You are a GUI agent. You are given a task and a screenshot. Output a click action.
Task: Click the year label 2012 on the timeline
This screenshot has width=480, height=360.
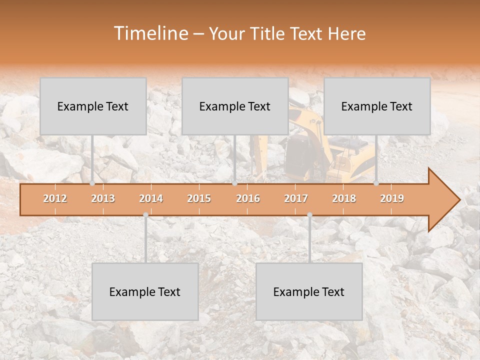[x=55, y=198]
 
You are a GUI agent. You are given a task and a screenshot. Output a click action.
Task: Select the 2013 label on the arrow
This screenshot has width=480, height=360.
[x=103, y=198]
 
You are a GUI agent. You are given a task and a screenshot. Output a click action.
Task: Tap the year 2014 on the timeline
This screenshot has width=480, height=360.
[x=151, y=198]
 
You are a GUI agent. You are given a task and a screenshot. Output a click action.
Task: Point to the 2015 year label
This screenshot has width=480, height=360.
[x=199, y=198]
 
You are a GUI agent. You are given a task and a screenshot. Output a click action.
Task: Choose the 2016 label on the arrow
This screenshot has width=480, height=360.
[x=248, y=198]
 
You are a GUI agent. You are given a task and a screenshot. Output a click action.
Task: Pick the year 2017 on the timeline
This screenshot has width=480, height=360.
[x=296, y=198]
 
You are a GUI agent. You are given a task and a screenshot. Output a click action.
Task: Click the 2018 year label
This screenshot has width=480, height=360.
[x=344, y=198]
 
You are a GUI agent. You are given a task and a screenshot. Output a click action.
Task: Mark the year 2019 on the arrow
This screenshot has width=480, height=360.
[x=392, y=198]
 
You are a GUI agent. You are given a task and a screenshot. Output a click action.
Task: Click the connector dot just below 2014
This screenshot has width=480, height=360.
[x=145, y=214]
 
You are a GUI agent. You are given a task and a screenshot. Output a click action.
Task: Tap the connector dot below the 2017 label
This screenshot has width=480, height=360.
[x=309, y=214]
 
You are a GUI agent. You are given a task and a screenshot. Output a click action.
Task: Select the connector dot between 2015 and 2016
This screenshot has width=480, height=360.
[x=234, y=183]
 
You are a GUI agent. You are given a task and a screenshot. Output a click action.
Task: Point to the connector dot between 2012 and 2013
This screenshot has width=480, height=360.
[x=92, y=183]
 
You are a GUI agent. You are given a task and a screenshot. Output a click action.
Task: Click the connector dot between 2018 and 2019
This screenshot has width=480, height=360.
[x=376, y=183]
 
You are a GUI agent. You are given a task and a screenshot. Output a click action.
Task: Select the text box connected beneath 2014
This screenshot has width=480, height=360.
[x=145, y=291]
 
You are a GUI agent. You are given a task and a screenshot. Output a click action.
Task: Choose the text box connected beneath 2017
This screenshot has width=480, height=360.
[x=309, y=291]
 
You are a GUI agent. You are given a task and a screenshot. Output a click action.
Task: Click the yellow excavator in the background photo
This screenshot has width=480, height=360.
[x=320, y=145]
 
